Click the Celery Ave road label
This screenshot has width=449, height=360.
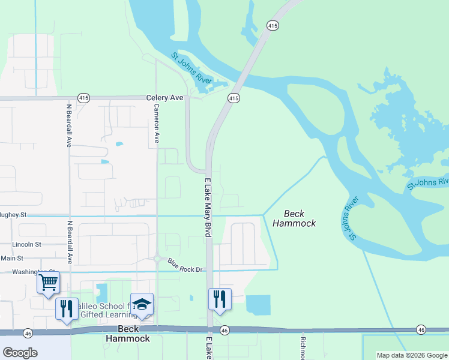click(x=164, y=98)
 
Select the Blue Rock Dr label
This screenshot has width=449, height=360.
click(x=185, y=265)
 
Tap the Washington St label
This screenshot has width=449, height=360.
click(x=30, y=272)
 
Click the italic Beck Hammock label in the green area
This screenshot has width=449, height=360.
click(x=294, y=218)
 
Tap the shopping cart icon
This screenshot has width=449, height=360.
click(x=48, y=281)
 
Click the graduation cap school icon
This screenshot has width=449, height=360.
click(x=142, y=304)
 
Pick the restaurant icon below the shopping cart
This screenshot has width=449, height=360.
click(x=67, y=308)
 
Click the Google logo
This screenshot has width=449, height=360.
click(x=20, y=353)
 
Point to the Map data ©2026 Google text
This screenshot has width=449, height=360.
click(x=412, y=355)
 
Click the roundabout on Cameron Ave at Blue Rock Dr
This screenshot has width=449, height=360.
click(x=157, y=259)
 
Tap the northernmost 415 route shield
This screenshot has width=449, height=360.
click(x=273, y=25)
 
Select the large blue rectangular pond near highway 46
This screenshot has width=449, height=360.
click(x=258, y=305)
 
